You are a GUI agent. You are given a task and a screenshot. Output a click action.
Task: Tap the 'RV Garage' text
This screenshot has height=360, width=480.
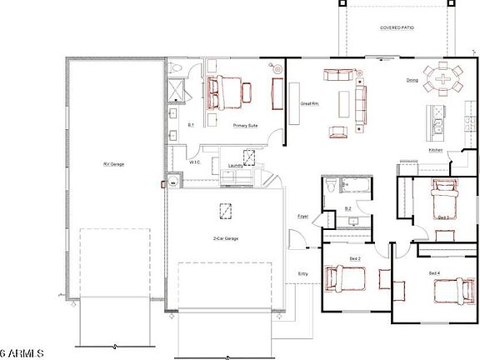click(x=113, y=164)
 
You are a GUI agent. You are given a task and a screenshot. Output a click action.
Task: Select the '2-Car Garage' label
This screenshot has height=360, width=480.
click(x=225, y=238)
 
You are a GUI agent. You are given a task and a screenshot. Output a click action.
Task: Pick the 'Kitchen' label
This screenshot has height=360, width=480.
click(x=435, y=150)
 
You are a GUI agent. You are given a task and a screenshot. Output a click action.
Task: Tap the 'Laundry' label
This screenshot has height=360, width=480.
click(x=236, y=166)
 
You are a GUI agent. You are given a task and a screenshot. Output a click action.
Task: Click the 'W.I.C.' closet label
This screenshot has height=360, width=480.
click(x=195, y=162)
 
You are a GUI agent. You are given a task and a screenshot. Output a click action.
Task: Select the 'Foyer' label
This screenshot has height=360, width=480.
click(x=303, y=216)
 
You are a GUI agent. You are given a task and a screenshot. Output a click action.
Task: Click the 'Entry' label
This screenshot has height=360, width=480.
click(x=303, y=273)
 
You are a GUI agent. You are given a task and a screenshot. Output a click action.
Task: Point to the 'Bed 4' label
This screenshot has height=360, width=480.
click(x=433, y=273)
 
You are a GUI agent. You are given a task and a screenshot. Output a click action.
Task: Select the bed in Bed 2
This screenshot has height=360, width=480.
click(x=344, y=279)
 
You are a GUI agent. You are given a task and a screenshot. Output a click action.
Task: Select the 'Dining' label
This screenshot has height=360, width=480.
click(x=412, y=81)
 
